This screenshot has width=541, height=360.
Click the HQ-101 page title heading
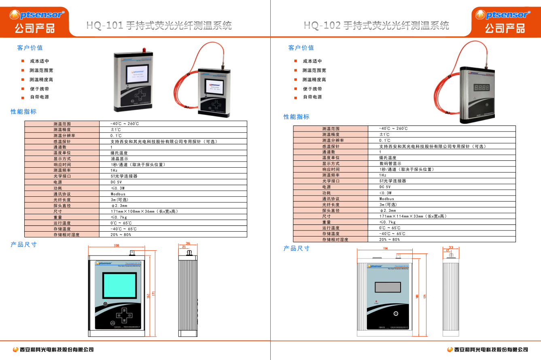click(x=159, y=26)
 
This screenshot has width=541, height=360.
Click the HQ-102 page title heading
click(x=376, y=26)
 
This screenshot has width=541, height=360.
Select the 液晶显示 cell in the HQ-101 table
click(x=120, y=159)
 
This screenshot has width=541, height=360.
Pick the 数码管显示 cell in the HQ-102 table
click(x=390, y=164)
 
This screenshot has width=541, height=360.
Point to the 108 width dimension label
click(x=116, y=245)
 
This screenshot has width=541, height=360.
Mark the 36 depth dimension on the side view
click(x=188, y=243)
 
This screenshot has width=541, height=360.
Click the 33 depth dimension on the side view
click(x=451, y=247)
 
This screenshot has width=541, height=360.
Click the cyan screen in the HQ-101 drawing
click(x=120, y=285)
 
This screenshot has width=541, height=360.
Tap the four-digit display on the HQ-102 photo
click(x=481, y=87)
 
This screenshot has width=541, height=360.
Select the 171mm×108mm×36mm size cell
click(x=144, y=211)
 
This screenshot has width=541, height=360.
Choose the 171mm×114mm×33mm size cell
click(x=413, y=216)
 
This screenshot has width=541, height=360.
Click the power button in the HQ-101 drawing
click(x=105, y=304)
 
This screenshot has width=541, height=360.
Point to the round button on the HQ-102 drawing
click(x=396, y=314)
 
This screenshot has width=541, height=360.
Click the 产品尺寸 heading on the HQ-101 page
click(x=23, y=244)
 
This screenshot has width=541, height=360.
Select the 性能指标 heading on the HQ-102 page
click(x=296, y=117)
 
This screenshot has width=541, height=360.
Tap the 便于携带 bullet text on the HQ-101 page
click(x=39, y=89)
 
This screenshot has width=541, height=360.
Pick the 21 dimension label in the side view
click(x=184, y=247)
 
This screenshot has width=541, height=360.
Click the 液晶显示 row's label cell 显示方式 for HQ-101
click(x=62, y=159)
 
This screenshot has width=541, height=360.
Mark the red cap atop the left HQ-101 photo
click(x=144, y=50)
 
